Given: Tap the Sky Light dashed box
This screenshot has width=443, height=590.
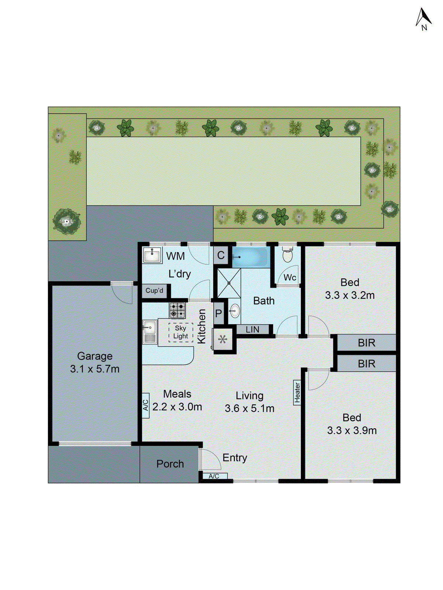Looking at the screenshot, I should tap(181, 332).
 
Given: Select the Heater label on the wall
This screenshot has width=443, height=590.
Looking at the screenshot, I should tap(297, 393).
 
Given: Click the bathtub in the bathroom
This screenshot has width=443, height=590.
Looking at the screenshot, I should tap(251, 257).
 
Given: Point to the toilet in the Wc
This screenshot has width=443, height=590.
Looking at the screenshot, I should tap(287, 254).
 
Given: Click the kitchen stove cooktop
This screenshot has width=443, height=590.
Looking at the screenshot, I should tap(177, 310).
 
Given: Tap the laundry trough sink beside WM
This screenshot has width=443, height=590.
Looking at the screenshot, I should tap(152, 255).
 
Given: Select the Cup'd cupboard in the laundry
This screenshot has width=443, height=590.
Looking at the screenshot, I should tap(155, 291).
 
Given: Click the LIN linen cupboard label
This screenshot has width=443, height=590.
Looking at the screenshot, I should tap(253, 329).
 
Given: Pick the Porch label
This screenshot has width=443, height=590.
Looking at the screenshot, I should tap(170, 464).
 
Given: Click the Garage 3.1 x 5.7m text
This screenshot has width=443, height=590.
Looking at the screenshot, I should tap(95, 362).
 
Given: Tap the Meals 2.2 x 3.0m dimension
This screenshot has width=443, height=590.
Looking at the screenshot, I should tap(177, 406).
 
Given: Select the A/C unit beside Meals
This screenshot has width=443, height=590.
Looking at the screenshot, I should tap(146, 406).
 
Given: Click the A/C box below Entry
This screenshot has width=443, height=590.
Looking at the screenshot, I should tap(214, 476).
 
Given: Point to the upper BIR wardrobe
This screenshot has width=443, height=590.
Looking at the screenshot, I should tap(366, 343).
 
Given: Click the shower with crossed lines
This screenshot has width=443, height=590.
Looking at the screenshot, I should tap(229, 283).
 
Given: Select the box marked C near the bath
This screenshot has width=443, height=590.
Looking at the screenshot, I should tap(221, 255).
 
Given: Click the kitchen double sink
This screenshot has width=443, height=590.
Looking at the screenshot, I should tap(150, 332).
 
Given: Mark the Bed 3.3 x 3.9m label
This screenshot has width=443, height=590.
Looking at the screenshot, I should tap(352, 424).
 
